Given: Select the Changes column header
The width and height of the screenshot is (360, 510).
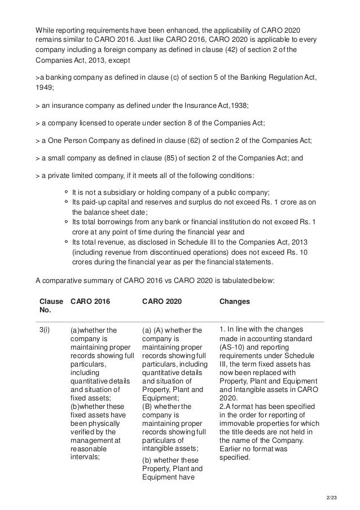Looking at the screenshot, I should click(234, 302).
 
